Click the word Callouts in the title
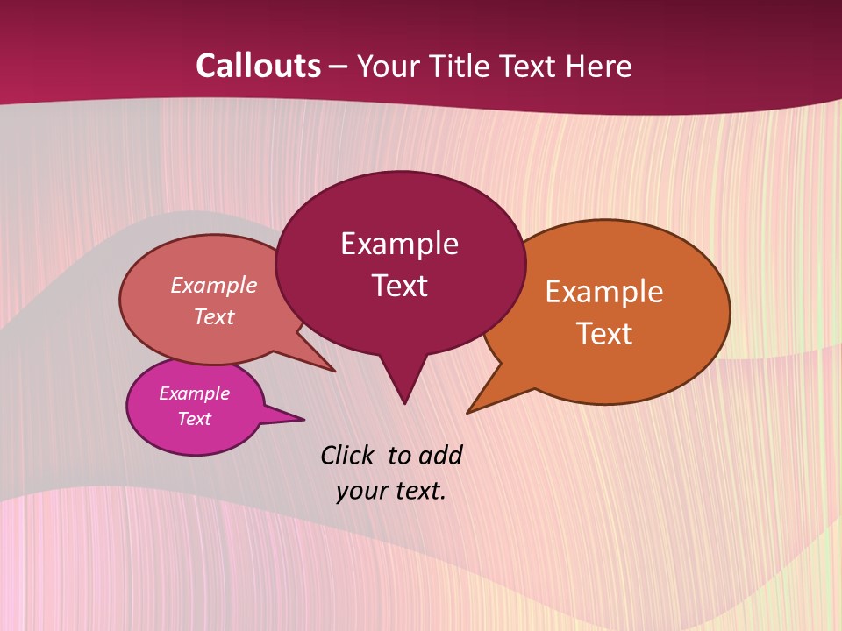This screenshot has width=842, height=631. (258, 66)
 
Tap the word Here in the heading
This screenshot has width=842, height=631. (598, 66)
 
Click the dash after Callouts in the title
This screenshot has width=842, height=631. (338, 67)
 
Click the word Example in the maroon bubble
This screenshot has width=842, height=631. (399, 244)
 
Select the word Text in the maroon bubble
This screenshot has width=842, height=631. (399, 286)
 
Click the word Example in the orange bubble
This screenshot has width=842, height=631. (604, 292)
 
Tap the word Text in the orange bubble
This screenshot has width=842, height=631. (604, 334)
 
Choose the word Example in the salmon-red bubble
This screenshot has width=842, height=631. (214, 286)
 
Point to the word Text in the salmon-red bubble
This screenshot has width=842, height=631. (214, 316)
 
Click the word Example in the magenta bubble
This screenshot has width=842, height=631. (194, 393)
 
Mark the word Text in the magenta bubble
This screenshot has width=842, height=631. (194, 419)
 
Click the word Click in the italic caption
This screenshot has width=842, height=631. (348, 455)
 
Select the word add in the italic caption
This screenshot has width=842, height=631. (440, 455)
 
